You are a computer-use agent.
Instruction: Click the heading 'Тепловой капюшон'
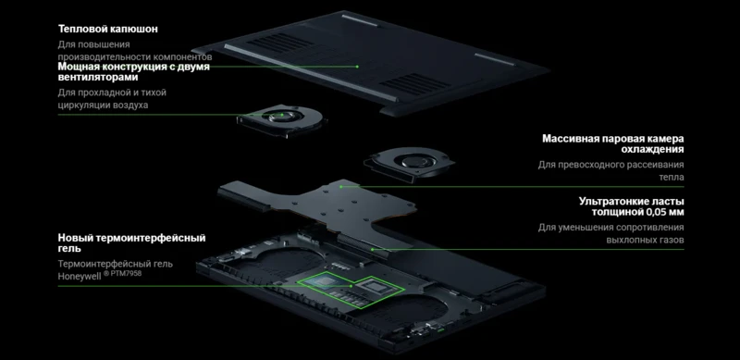click(107, 29)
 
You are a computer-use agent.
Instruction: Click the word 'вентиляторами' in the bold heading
click(98, 77)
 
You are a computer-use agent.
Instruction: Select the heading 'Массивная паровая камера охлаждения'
click(613, 143)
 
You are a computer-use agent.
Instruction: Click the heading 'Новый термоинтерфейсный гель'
click(131, 242)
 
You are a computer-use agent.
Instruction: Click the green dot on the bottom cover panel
click(357, 67)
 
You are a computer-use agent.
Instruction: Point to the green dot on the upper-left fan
click(282, 115)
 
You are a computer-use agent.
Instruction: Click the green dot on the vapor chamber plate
click(341, 187)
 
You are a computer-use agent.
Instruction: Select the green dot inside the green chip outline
click(351, 286)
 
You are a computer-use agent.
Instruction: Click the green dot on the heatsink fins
click(372, 250)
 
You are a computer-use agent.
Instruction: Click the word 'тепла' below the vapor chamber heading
click(672, 177)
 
